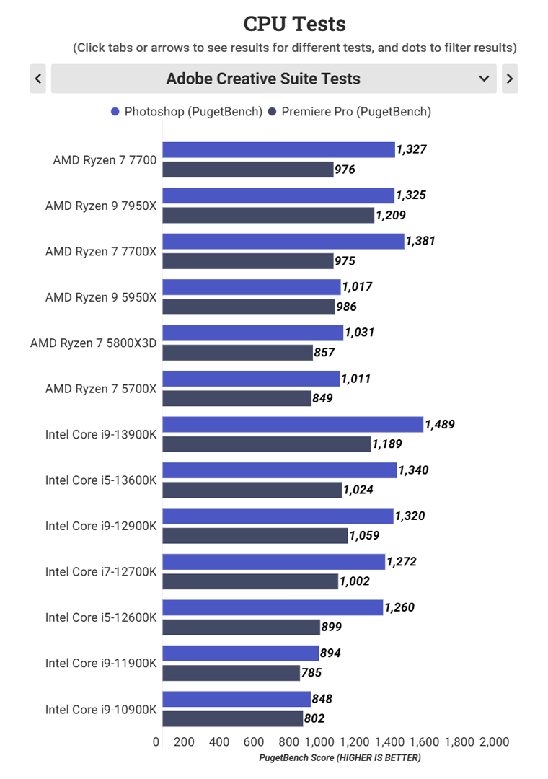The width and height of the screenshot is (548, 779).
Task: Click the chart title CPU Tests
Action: (x=294, y=24)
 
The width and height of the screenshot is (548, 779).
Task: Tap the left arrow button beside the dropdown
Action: (x=38, y=79)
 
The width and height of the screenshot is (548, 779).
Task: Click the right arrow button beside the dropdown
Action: (x=510, y=79)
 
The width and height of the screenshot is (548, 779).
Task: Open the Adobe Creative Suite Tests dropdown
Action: (x=273, y=79)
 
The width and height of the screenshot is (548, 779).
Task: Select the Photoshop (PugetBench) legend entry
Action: (x=186, y=112)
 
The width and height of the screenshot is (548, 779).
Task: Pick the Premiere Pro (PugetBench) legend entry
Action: (x=349, y=112)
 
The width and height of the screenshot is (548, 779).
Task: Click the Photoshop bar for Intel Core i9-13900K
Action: (x=292, y=425)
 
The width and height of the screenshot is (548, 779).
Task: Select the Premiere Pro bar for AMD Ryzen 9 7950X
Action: (x=268, y=215)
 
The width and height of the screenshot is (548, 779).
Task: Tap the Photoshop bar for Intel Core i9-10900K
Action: (x=237, y=699)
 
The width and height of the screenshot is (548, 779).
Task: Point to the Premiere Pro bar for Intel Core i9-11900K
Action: (x=231, y=673)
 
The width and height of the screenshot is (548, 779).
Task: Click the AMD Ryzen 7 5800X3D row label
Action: (x=93, y=343)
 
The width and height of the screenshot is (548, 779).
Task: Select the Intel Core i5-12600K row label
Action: (x=101, y=617)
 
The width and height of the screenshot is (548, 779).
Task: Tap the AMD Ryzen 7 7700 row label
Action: (x=105, y=160)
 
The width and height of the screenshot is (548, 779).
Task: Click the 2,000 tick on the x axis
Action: (x=495, y=742)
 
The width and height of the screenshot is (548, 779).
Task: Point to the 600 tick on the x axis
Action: (x=254, y=742)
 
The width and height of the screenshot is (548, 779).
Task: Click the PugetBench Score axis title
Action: (x=340, y=758)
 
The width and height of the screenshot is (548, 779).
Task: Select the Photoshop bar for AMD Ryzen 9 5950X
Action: (x=251, y=287)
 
